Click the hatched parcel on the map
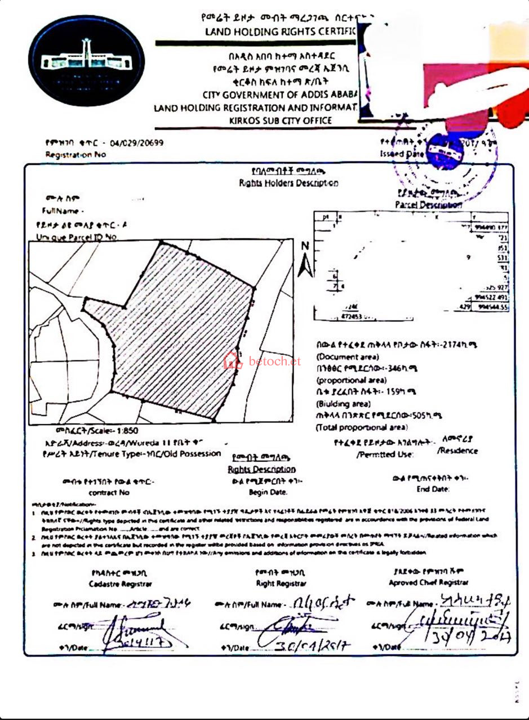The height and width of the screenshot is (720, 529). [x=180, y=332]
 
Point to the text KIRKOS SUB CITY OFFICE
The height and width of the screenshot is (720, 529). [x=280, y=120]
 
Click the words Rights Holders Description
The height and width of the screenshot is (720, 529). [x=288, y=183]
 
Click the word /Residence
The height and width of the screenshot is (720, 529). [x=457, y=451]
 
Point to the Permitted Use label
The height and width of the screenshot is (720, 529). [x=385, y=454]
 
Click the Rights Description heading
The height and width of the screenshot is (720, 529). [x=261, y=469]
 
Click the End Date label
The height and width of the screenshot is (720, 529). [x=433, y=489]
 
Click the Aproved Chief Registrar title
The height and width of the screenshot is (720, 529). [x=428, y=583]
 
